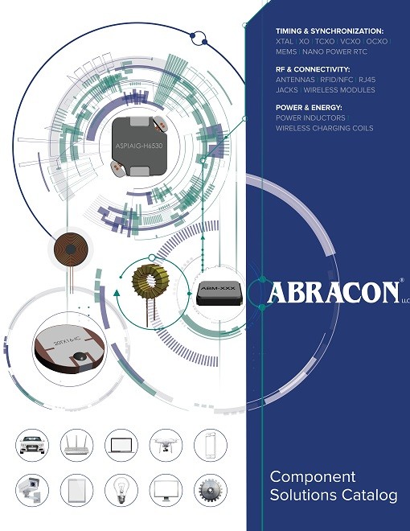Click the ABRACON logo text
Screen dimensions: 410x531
[333, 292]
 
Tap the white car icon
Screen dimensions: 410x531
[32, 445]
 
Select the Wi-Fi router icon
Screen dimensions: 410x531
[76, 445]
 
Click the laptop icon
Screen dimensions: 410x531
[121, 446]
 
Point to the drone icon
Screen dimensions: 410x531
[166, 445]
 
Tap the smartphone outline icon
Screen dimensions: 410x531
[211, 445]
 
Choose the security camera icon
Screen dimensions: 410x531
[31, 490]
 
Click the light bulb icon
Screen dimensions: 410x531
[121, 490]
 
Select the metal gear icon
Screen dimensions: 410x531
[211, 490]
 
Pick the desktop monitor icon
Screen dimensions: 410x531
[166, 490]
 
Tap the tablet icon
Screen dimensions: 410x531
[76, 490]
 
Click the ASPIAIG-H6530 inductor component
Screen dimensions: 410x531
[139, 146]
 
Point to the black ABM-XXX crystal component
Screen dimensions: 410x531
[219, 292]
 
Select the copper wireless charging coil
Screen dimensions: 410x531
[71, 249]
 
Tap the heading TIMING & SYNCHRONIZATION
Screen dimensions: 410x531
[330, 31]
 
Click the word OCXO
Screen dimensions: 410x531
[377, 41]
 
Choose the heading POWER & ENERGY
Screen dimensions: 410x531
[309, 108]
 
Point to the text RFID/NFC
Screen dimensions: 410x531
[337, 80]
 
